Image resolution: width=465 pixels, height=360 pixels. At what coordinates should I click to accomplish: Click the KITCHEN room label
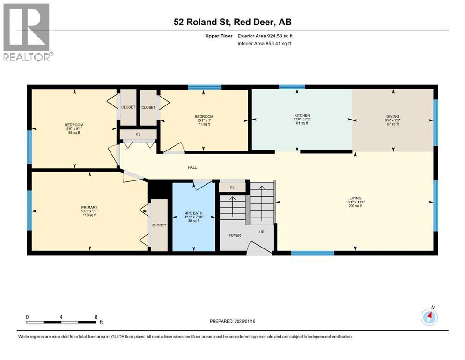[x=302, y=115]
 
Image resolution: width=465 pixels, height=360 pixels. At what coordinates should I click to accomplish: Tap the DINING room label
[x=393, y=115]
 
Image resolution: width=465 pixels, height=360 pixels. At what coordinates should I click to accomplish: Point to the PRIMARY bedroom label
[x=89, y=207]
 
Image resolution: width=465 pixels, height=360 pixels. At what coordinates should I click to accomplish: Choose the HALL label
[x=192, y=167]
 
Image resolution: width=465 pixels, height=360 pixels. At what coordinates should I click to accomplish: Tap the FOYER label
[x=235, y=235]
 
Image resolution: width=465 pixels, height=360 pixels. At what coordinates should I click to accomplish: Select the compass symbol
[x=429, y=317]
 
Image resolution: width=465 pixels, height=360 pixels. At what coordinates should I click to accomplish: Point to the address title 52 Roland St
[x=232, y=22]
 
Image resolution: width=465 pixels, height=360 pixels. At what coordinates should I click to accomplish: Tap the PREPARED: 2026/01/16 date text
[x=232, y=321]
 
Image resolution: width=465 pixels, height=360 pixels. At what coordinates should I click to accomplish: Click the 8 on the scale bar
[x=96, y=317]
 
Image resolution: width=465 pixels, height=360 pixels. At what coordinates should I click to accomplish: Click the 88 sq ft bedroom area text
[x=74, y=133]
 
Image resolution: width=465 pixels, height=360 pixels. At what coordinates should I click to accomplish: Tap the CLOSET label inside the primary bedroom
[x=159, y=225]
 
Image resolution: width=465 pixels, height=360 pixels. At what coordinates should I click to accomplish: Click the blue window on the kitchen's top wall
[x=292, y=87]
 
